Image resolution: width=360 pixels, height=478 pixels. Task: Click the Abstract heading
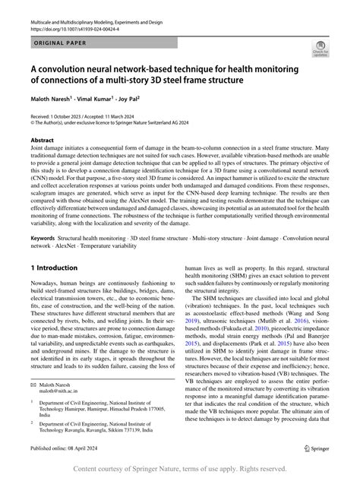[x=43, y=141]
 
